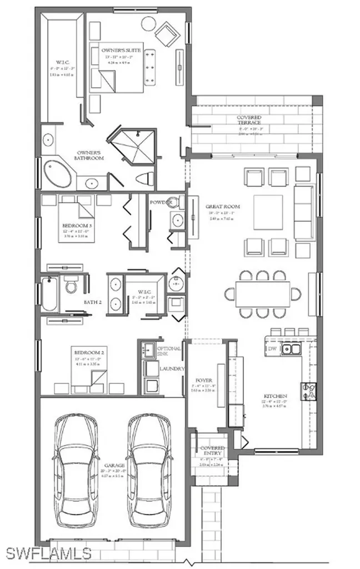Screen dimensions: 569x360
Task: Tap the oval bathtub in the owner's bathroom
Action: pyautogui.click(x=57, y=174)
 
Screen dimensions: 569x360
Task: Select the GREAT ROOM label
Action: pyautogui.click(x=218, y=205)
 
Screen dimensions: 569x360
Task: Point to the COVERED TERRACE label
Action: pyautogui.click(x=249, y=118)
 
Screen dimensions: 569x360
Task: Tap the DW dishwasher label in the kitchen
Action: pyautogui.click(x=272, y=348)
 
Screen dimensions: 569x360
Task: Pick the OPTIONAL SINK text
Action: pyautogui.click(x=170, y=351)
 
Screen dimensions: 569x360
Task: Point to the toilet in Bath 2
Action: pyautogui.click(x=71, y=286)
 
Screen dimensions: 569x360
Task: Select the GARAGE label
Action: pyautogui.click(x=113, y=466)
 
